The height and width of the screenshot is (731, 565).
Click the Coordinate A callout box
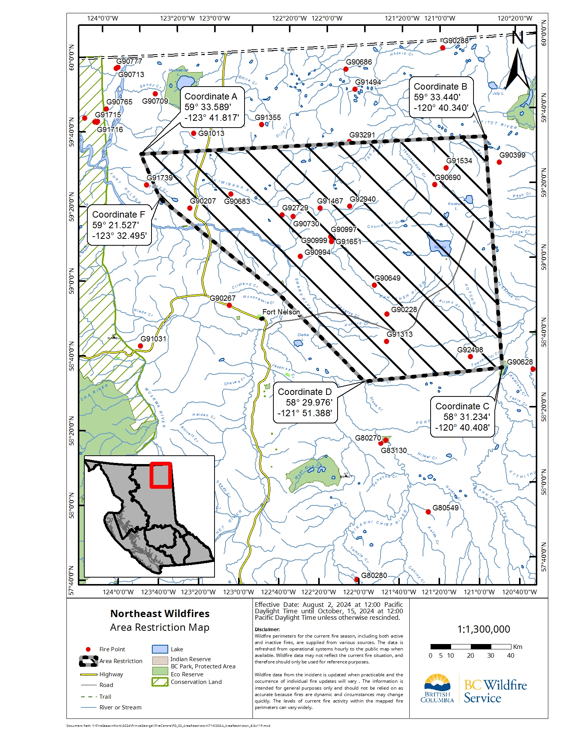tap(212, 107)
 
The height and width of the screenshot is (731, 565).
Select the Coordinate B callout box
tap(441, 97)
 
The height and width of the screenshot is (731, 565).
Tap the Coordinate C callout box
tap(462, 417)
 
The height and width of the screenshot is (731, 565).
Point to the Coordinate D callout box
tap(305, 403)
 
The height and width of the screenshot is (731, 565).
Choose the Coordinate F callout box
tap(119, 225)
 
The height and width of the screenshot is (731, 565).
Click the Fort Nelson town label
tap(281, 312)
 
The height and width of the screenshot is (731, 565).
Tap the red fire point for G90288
tap(442, 48)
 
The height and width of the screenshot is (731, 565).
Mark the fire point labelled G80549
tap(428, 512)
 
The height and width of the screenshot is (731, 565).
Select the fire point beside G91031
tap(140, 346)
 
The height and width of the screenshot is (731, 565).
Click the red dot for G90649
tap(374, 285)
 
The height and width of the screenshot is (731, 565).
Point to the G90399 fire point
tap(499, 162)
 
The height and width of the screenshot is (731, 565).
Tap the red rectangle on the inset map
tap(161, 475)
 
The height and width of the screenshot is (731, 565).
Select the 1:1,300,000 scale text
tap(483, 629)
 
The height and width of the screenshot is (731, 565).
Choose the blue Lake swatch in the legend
tap(159, 649)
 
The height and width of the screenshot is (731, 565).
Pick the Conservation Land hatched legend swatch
tap(159, 682)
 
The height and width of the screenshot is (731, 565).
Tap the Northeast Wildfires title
tap(160, 614)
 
